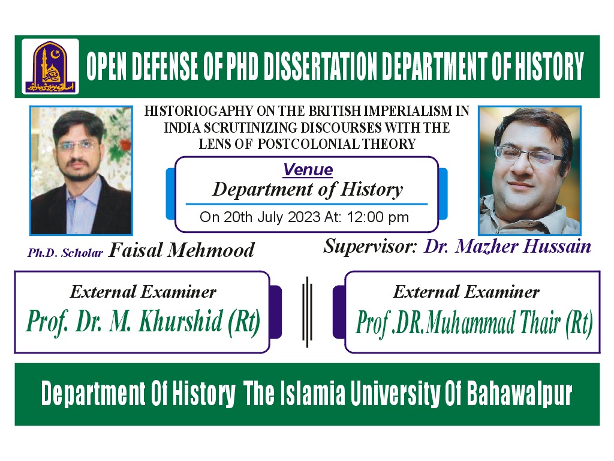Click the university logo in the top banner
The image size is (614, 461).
click(x=50, y=66)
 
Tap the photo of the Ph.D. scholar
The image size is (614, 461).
click(x=81, y=170)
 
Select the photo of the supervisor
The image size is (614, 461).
click(x=529, y=170)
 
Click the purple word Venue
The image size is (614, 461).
click(x=308, y=170)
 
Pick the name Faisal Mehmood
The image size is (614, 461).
click(x=181, y=250)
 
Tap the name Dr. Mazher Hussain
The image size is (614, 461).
click(x=507, y=246)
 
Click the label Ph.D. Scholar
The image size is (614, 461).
click(x=65, y=253)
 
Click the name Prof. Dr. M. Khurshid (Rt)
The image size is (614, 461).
click(x=143, y=322)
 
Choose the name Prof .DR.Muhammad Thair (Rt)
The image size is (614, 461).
click(x=474, y=324)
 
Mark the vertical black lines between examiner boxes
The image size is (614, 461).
click(x=307, y=311)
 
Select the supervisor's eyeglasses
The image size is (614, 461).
click(x=528, y=157)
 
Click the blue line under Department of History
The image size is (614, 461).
click(x=306, y=204)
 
